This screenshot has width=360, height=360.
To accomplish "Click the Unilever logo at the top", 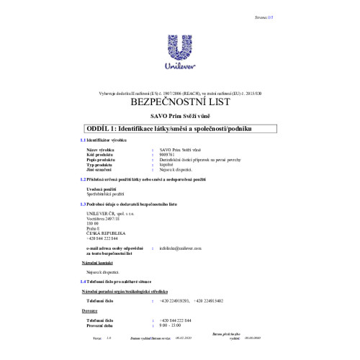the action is click(179, 53).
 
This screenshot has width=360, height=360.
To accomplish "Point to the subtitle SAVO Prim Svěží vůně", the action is click(179, 116).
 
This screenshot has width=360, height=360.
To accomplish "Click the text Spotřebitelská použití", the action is click(104, 195).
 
